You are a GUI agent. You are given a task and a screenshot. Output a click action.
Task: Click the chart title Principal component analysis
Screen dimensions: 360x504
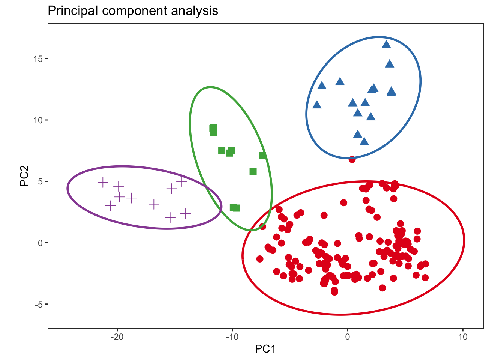[x=133, y=11]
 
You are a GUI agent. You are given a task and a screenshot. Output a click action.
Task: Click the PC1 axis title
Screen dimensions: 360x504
[x=265, y=349]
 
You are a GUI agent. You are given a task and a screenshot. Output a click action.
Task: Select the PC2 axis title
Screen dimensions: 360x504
[x=25, y=176]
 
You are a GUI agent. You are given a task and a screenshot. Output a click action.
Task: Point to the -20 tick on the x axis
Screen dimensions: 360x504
[x=117, y=337]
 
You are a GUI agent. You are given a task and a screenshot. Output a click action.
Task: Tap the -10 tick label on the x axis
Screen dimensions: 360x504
[x=232, y=337]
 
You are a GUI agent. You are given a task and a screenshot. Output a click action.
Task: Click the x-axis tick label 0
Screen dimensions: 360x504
[x=348, y=337]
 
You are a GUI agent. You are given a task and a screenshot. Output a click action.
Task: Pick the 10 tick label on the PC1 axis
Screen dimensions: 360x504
[x=463, y=337]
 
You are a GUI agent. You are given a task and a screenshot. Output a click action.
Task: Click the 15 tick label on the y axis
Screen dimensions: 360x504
[x=38, y=59]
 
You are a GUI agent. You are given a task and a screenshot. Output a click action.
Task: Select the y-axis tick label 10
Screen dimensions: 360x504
[x=38, y=120]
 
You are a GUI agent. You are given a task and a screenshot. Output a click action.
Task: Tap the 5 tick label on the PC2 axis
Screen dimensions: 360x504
[x=40, y=181]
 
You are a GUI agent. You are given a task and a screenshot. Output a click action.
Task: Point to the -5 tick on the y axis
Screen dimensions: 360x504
[x=39, y=304]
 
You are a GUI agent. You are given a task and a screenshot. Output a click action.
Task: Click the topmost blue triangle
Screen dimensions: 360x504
[x=386, y=45]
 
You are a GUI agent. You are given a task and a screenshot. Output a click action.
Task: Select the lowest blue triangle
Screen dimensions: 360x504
[x=364, y=141]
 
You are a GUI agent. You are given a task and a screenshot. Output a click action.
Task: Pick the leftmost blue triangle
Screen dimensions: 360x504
[x=317, y=105]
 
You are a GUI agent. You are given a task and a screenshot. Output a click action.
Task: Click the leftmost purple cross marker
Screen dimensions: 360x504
[x=103, y=183]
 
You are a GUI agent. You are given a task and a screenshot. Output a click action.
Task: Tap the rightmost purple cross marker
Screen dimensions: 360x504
[x=185, y=214]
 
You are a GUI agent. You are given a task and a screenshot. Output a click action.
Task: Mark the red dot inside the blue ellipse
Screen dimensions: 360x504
[x=352, y=159]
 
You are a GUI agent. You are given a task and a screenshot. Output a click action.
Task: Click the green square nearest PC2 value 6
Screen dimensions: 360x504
[x=253, y=171]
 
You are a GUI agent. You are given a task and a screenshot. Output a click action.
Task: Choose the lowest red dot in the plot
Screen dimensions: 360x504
[x=334, y=292]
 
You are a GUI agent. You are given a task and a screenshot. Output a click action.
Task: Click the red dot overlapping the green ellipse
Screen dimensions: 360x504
[x=262, y=226]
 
